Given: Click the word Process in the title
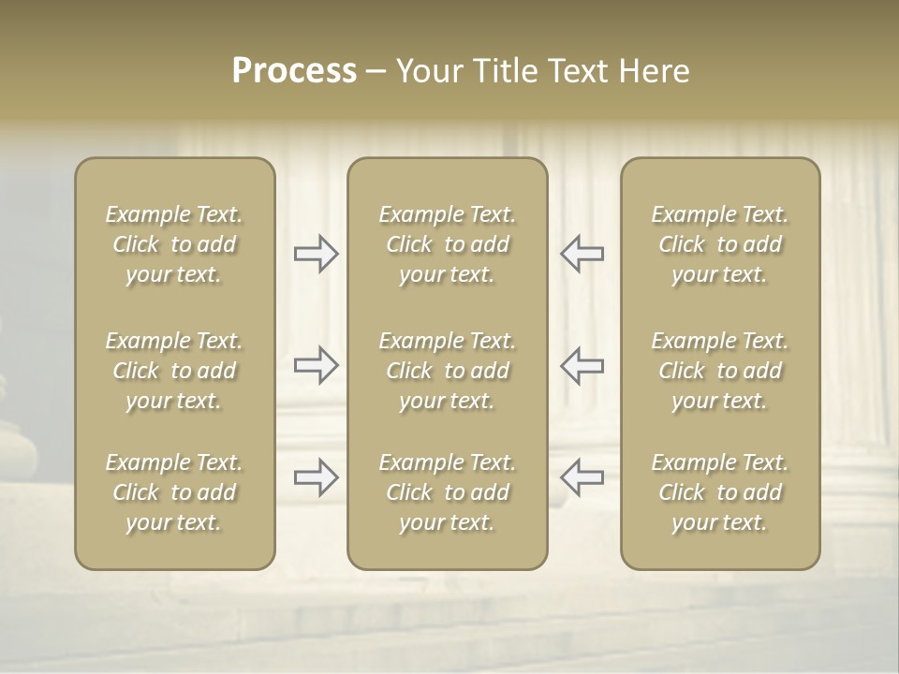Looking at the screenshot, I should (294, 71).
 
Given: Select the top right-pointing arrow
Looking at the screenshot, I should (317, 254).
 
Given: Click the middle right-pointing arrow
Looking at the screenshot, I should (317, 365).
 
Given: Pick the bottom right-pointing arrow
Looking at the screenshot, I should (317, 477).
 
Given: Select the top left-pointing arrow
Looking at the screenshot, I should (582, 254).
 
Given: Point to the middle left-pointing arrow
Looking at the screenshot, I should (582, 365).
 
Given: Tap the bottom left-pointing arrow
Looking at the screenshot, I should (582, 477).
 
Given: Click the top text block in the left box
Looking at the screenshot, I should (174, 244).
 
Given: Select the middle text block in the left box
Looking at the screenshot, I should (174, 371).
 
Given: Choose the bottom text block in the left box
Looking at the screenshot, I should (174, 492).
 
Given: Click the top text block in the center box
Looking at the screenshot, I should (447, 244).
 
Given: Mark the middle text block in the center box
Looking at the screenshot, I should (447, 371).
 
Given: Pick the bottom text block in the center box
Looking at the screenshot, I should (447, 492).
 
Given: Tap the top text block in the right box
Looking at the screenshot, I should (720, 244).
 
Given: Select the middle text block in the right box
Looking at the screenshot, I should (720, 371).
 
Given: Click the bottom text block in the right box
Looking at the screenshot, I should (720, 492).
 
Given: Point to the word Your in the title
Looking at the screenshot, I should (430, 71).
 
